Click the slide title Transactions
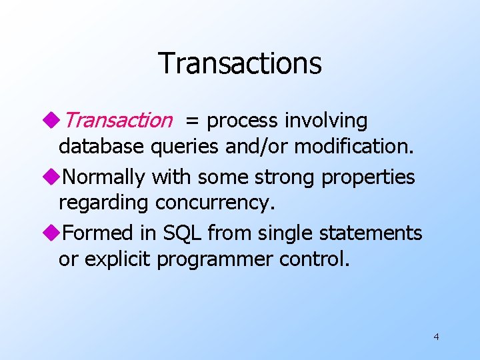pyautogui.click(x=239, y=63)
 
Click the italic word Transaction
pyautogui.click(x=119, y=121)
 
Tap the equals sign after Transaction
pyautogui.click(x=192, y=121)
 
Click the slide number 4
pyautogui.click(x=436, y=337)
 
